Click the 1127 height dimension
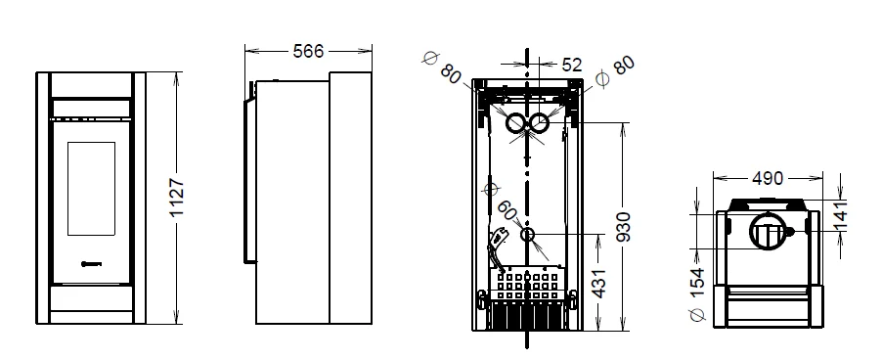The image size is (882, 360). tap(177, 198)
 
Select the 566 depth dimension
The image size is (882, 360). tap(308, 51)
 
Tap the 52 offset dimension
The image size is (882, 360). tap(571, 66)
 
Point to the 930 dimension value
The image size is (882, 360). tap(623, 226)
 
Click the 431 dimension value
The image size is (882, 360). tap(599, 283)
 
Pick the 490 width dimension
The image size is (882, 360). tap(768, 178)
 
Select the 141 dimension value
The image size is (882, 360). tap(839, 215)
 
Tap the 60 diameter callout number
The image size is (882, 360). tap(507, 211)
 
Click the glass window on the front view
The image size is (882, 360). tap(91, 189)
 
